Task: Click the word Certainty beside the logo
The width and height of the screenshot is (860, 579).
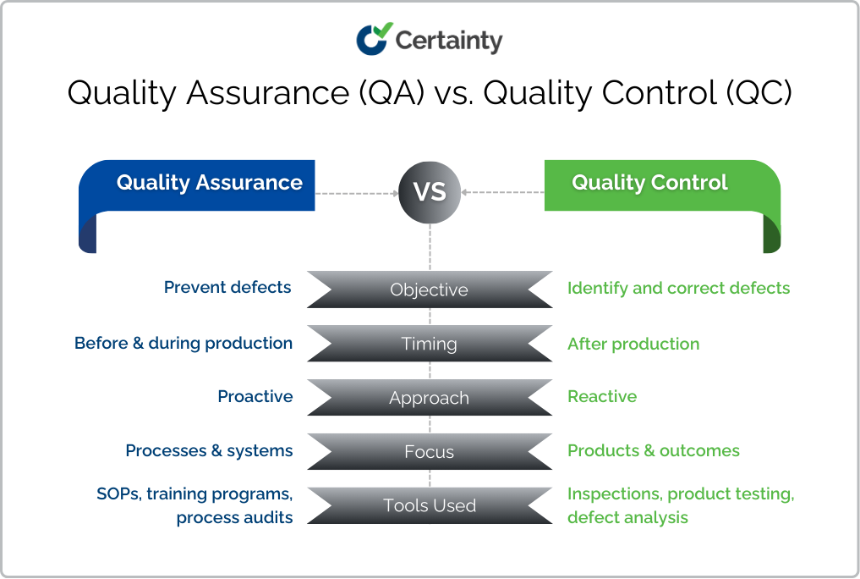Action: [449, 40]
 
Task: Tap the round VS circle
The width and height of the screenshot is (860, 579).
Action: [430, 192]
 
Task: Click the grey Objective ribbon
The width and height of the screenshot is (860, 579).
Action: [429, 289]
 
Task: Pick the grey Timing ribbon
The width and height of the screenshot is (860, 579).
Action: [429, 344]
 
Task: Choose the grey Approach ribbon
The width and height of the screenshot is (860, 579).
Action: [429, 398]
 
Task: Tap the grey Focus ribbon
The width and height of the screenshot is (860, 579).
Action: [429, 452]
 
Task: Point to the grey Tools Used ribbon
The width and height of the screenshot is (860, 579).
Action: [429, 505]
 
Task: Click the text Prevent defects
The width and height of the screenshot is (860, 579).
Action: [227, 288]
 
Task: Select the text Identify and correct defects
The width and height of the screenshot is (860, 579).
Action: [678, 289]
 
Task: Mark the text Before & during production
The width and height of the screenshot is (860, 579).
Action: [184, 344]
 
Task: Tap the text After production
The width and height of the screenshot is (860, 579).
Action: [633, 345]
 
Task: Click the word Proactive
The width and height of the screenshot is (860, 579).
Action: [255, 397]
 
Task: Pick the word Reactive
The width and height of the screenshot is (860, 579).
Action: [602, 397]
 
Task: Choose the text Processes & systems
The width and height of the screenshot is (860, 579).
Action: [209, 451]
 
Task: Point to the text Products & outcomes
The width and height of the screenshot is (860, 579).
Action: [654, 451]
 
